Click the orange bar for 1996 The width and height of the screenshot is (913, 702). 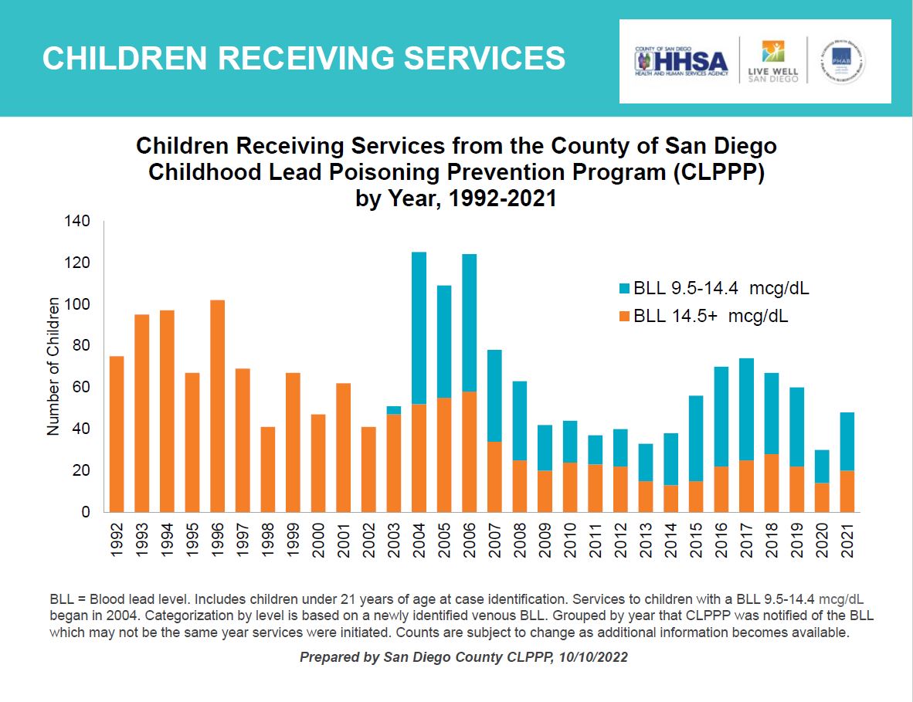217,405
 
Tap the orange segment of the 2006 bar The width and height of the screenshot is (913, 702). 469,452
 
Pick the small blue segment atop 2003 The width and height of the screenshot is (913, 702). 394,410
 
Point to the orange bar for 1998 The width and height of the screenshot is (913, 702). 268,469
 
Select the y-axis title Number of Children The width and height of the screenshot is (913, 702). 53,367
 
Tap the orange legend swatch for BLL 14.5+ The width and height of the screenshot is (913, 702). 624,317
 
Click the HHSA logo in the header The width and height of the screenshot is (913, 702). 681,62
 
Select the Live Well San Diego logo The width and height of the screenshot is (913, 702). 772,62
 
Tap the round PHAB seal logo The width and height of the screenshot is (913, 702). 842,62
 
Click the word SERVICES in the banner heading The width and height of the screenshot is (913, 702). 471,59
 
